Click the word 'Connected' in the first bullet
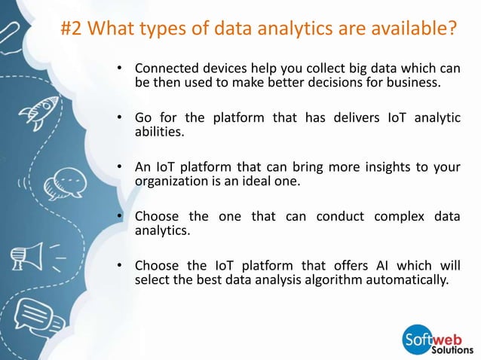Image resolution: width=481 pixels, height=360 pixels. [163, 69]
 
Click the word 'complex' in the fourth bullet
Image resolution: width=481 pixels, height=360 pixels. [395, 217]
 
